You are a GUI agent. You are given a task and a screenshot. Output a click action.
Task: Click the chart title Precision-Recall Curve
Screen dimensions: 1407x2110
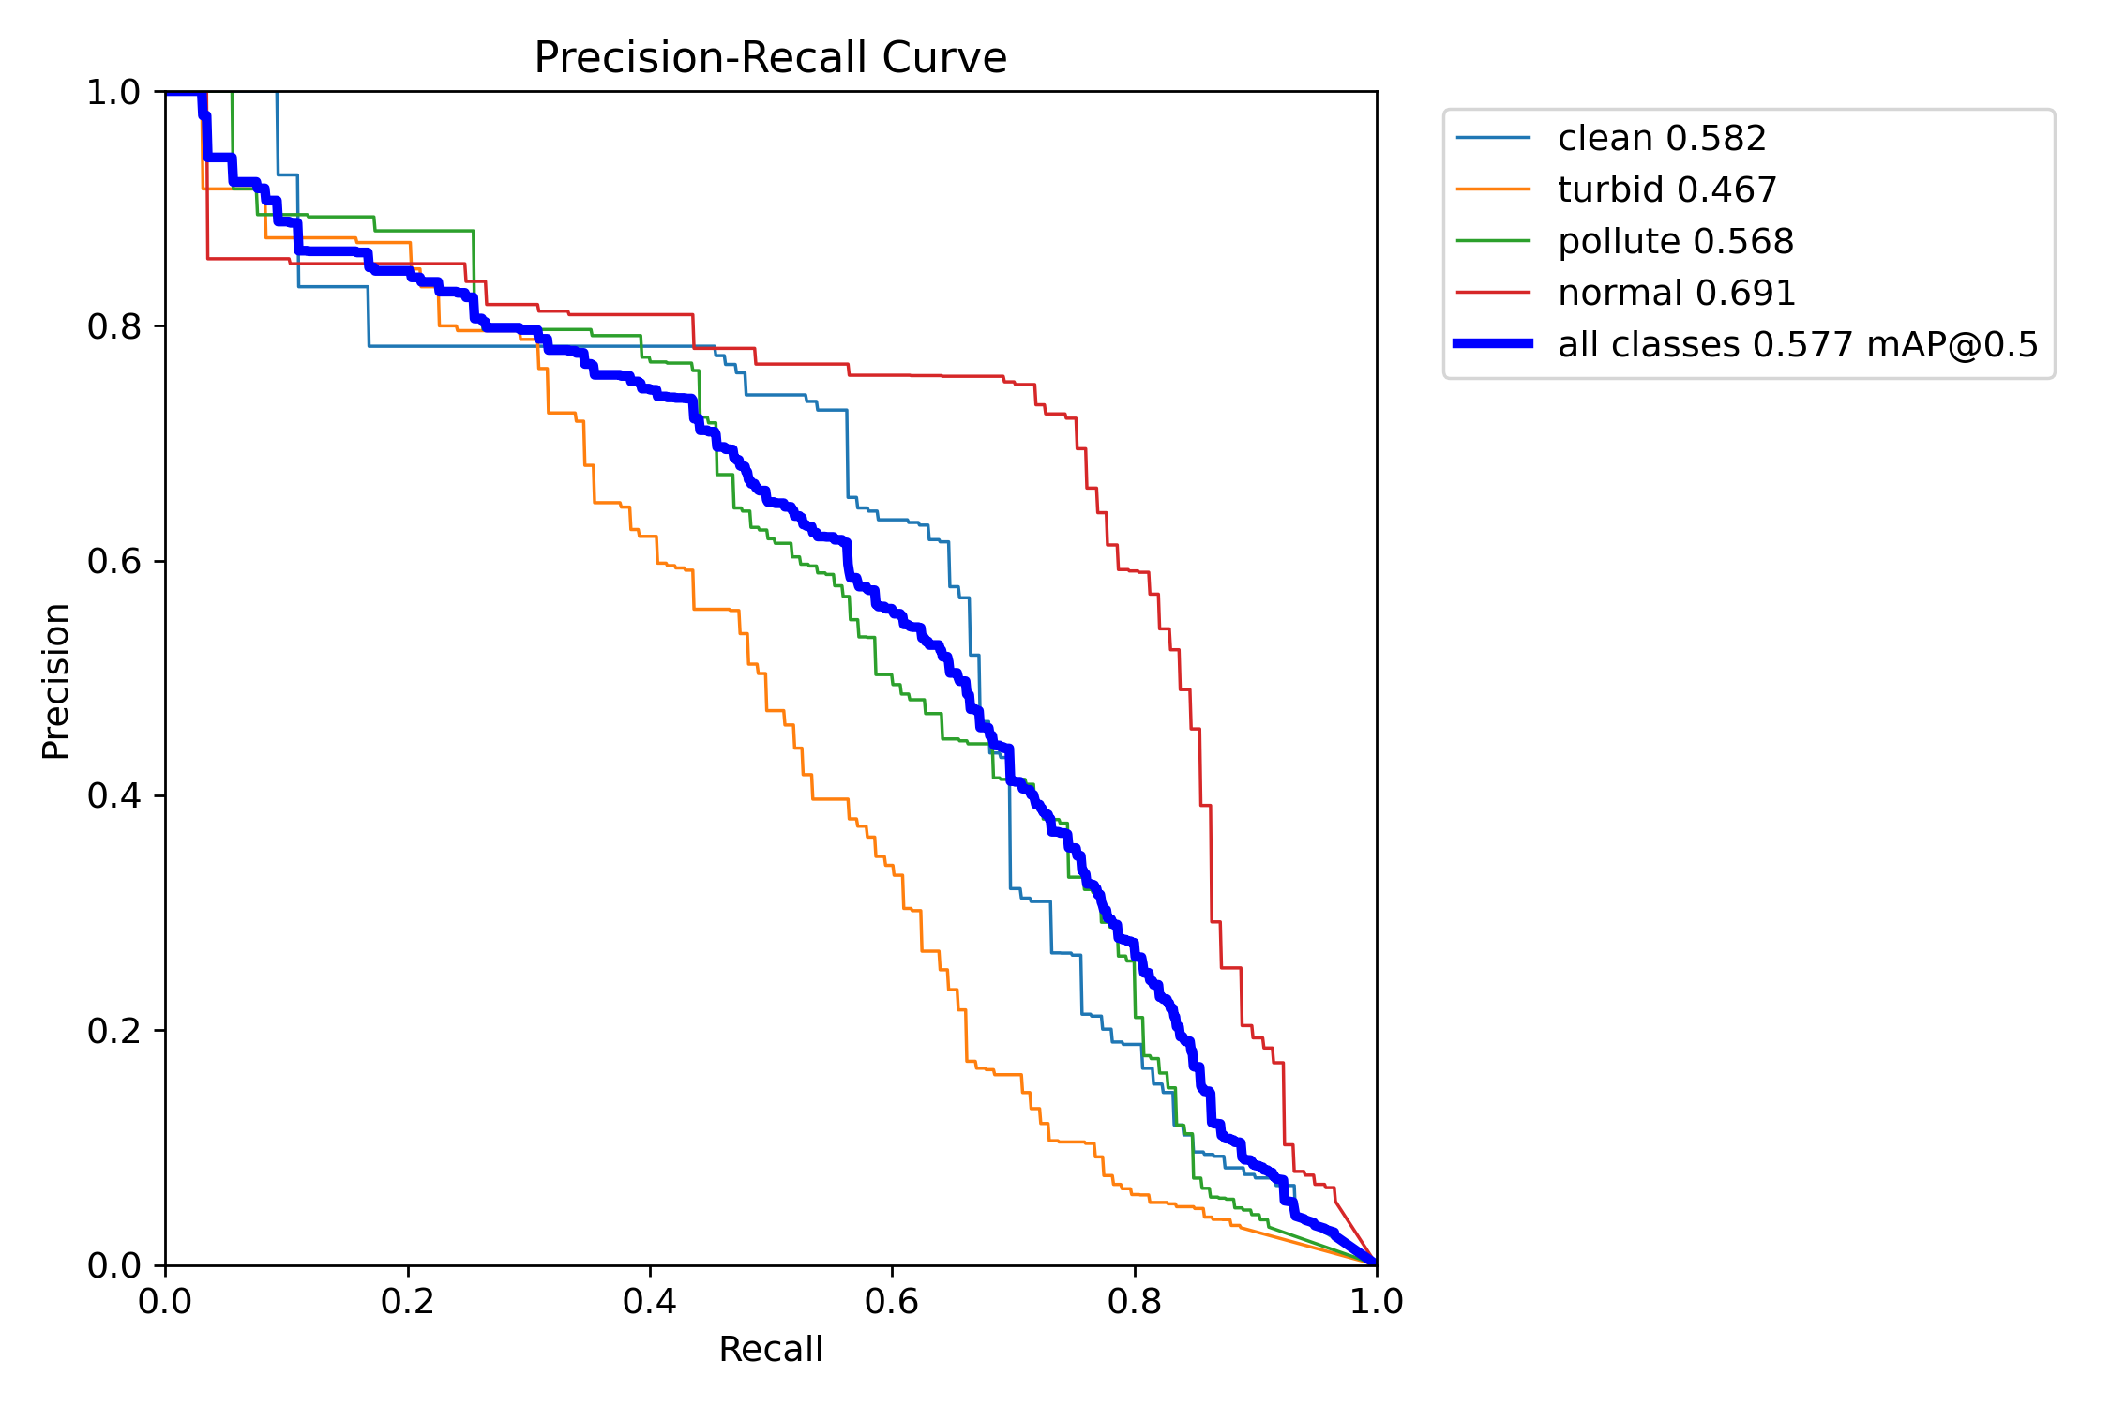770,58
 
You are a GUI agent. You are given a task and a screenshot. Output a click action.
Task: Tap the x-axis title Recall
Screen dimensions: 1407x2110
770,1350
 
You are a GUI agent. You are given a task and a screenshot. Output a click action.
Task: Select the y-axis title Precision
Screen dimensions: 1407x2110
56,680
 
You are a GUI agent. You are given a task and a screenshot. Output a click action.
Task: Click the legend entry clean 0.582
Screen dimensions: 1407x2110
1662,139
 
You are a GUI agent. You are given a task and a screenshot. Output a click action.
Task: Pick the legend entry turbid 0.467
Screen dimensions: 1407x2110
1667,190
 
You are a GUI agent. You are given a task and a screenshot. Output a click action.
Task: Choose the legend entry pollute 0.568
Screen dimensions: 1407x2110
1676,242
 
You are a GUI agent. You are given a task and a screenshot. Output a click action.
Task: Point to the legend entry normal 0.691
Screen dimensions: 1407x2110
1677,294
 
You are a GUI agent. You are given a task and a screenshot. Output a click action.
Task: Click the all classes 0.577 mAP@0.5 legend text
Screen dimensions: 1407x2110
1798,345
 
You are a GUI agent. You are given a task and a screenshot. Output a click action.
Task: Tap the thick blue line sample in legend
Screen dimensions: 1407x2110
1493,344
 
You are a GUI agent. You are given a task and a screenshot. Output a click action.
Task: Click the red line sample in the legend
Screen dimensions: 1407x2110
1493,293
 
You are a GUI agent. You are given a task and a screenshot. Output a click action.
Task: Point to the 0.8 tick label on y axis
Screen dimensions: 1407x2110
113,327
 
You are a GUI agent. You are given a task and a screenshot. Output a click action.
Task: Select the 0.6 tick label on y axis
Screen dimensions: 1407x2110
113,562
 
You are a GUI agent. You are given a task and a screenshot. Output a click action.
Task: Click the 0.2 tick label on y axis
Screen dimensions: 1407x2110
113,1031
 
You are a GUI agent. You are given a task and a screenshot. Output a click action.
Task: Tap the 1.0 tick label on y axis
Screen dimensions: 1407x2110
113,93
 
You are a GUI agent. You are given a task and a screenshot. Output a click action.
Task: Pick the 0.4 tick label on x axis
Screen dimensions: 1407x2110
650,1302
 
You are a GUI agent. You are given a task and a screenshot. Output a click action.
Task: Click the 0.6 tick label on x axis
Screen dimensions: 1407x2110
892,1302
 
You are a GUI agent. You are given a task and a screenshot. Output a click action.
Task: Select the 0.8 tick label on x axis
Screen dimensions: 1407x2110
1135,1302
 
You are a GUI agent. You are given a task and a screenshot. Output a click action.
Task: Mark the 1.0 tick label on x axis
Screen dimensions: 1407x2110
1377,1302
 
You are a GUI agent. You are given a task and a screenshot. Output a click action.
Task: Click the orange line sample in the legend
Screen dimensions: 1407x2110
1493,189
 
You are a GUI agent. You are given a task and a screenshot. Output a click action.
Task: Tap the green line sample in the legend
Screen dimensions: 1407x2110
1493,241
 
